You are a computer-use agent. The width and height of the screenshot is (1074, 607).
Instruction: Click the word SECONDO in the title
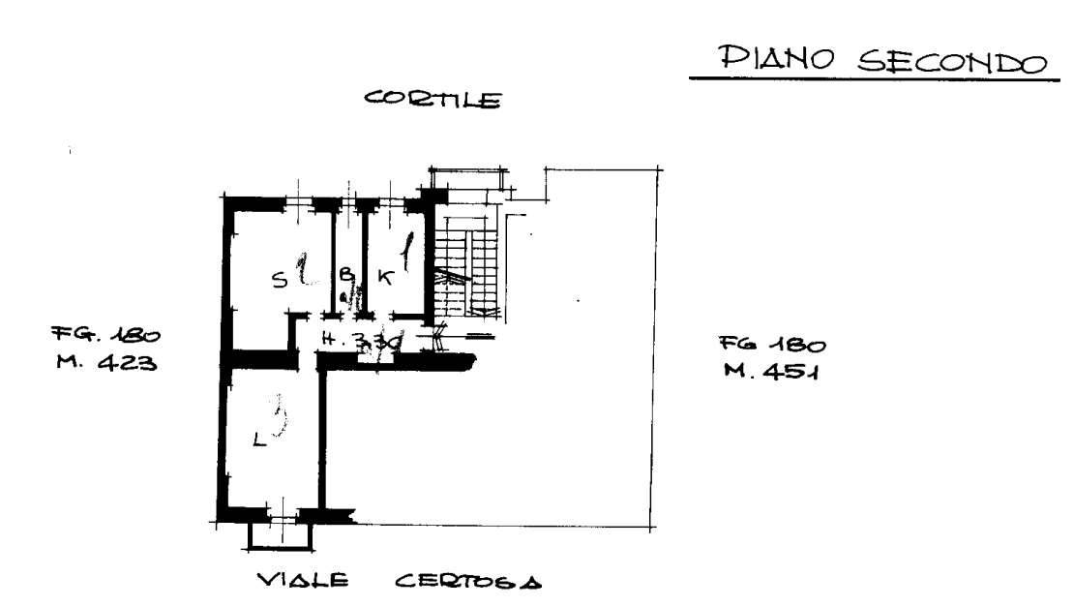939,62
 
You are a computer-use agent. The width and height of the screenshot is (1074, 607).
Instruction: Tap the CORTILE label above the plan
432,99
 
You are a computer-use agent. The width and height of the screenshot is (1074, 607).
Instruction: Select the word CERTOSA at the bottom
468,582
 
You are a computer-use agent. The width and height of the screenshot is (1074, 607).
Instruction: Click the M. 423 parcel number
104,365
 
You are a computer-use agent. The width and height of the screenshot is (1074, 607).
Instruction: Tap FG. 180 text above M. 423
105,336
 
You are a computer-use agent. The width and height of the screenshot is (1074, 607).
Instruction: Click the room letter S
279,281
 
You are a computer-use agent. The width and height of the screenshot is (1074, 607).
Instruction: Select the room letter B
344,275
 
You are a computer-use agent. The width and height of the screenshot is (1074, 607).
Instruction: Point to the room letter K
384,278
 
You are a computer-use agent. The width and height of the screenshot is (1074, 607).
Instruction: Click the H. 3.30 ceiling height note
360,341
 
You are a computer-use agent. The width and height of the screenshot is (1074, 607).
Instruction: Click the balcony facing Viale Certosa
280,533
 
